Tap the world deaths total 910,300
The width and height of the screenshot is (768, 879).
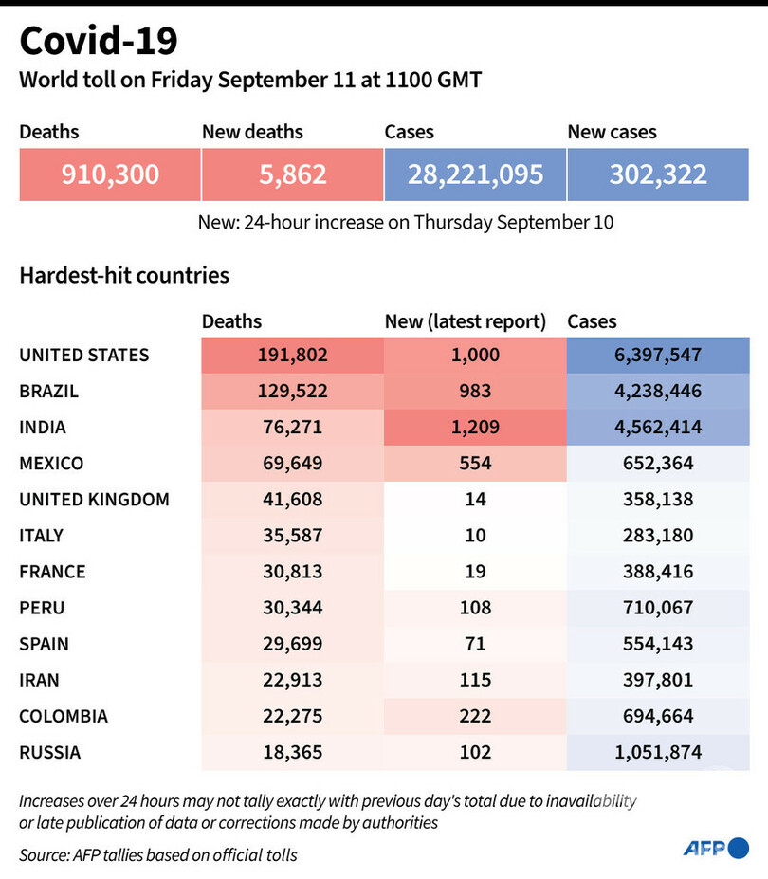click(110, 174)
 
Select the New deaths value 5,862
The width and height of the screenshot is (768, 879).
click(292, 174)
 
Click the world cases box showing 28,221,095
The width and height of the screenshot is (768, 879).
click(475, 174)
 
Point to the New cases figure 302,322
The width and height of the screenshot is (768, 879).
click(658, 174)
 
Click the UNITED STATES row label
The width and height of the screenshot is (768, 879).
click(84, 355)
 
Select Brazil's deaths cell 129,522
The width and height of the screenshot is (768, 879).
click(292, 391)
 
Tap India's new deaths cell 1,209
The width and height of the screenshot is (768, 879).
click(475, 427)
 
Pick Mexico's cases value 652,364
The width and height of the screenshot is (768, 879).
click(658, 463)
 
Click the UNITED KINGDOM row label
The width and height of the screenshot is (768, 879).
click(94, 499)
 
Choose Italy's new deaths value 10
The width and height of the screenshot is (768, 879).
click(475, 535)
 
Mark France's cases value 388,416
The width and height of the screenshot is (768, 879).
click(658, 571)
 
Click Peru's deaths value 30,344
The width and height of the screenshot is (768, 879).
click(292, 607)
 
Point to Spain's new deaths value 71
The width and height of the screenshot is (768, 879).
click(475, 643)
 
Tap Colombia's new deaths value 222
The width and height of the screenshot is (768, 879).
click(475, 715)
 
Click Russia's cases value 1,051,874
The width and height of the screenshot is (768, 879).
click(658, 752)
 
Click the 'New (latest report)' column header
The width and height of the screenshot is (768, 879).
click(466, 322)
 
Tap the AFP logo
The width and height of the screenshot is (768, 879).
click(716, 848)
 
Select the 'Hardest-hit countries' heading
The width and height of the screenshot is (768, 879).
click(124, 276)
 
